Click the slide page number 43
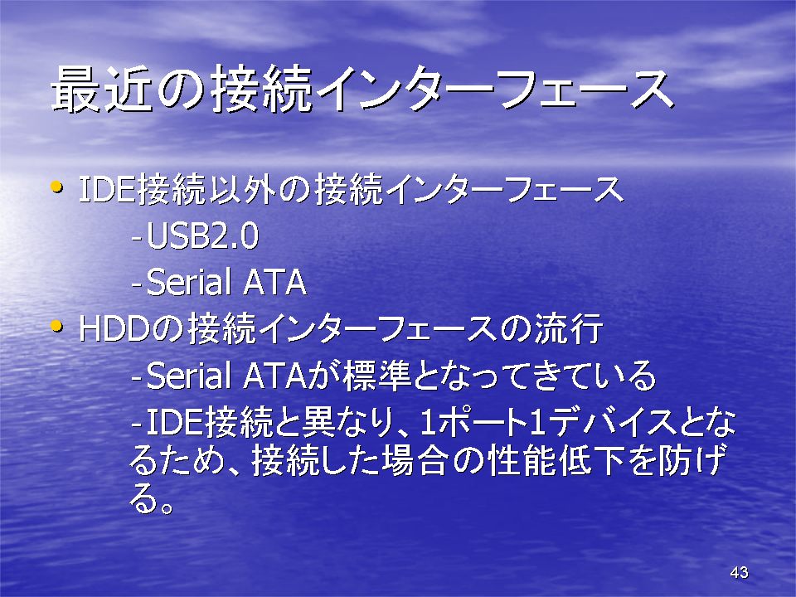(739, 572)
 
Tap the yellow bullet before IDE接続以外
(56, 187)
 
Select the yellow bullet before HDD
(56, 327)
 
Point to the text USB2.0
(203, 236)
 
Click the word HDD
(114, 329)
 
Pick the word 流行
(569, 328)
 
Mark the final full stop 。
(166, 507)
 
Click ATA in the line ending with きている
(275, 376)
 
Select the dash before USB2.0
(136, 238)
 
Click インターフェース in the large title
(496, 90)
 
